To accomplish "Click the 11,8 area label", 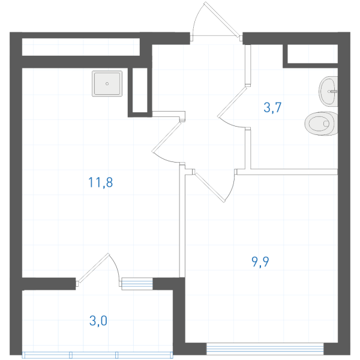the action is (101, 182).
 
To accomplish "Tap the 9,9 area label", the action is (260, 262).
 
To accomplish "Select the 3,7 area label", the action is (272, 107).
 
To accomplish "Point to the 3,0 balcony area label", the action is (98, 320).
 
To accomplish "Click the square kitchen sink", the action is (107, 83).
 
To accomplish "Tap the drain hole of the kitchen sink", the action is (107, 83).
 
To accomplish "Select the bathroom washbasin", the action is (328, 91).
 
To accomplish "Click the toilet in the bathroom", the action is (322, 123).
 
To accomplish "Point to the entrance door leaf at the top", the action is (222, 20).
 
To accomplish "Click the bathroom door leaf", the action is (232, 102).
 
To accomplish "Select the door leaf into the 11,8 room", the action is (167, 137).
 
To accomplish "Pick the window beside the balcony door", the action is (137, 284).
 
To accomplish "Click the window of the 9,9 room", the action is (265, 349).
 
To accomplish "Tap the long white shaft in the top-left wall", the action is (81, 47).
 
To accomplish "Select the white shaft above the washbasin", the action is (313, 54).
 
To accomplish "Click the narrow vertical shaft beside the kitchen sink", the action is (140, 90).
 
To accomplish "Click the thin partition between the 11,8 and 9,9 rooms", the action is (182, 220).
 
